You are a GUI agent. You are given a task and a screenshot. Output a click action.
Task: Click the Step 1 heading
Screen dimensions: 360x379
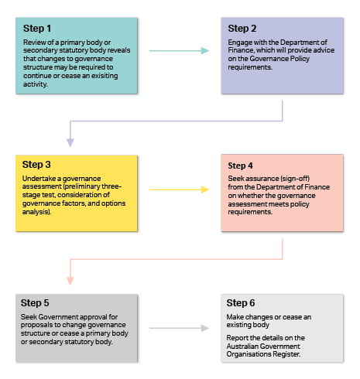point(37,29)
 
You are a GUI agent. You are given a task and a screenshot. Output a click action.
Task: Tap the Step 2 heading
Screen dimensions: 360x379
point(242,29)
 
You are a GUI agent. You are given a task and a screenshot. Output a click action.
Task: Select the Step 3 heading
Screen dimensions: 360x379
point(36,165)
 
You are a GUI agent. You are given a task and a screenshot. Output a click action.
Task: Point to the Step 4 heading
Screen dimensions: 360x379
point(240,166)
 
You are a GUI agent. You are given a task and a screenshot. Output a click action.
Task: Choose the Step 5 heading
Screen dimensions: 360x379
point(35,303)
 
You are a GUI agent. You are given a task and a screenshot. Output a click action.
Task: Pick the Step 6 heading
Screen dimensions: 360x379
point(241,303)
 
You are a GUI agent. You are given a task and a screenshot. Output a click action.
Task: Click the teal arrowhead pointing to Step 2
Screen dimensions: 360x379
point(205,51)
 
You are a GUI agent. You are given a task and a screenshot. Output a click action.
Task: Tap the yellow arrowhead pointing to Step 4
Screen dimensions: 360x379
point(205,189)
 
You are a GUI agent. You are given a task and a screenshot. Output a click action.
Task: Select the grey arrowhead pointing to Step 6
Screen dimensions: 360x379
point(205,328)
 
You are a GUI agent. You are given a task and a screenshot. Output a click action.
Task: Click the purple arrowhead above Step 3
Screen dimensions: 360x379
point(70,142)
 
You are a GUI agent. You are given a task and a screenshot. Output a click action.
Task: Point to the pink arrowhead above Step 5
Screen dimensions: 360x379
point(70,281)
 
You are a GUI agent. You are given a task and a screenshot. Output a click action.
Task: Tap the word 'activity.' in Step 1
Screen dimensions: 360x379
point(36,84)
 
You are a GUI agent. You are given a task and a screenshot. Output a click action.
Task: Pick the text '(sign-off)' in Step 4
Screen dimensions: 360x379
point(295,179)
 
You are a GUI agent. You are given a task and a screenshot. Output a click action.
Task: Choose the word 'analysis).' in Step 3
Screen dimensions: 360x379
point(36,212)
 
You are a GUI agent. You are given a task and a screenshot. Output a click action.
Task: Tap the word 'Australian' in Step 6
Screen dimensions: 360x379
point(242,347)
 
